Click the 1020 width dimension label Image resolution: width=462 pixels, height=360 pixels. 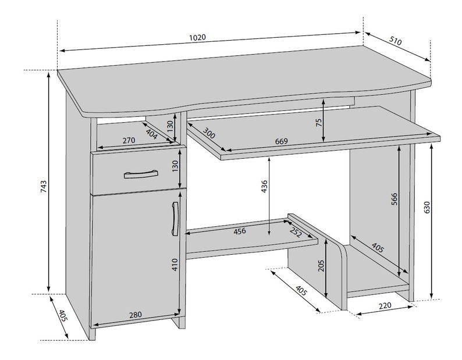tap(197, 37)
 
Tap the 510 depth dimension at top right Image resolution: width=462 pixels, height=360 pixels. tap(396, 41)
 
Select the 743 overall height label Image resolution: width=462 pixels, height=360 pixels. tap(43, 187)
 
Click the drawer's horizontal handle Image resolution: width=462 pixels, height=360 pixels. tap(141, 174)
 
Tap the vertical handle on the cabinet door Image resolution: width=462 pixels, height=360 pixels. tap(175, 219)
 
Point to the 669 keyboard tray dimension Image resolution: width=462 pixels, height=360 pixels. tap(281, 141)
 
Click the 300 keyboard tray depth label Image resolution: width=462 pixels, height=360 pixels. tap(209, 133)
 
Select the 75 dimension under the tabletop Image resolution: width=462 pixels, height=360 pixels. tap(319, 123)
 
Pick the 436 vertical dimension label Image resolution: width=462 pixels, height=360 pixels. tap(264, 187)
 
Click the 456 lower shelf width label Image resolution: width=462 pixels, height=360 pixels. tap(240, 231)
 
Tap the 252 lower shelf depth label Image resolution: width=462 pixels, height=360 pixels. tap(296, 233)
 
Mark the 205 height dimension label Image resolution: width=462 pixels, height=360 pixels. tap(321, 265)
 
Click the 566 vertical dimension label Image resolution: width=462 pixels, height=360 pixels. tap(395, 199)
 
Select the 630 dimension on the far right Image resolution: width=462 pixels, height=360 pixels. tap(427, 208)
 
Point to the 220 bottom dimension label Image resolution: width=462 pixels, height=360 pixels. tap(385, 305)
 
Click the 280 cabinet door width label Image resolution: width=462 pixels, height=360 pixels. tap(136, 315)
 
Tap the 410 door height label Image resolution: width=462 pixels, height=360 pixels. tap(175, 265)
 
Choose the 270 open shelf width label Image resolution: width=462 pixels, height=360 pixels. tap(129, 140)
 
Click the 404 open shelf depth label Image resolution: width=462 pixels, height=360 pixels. tap(152, 134)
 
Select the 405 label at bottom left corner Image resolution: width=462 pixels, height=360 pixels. tap(62, 316)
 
